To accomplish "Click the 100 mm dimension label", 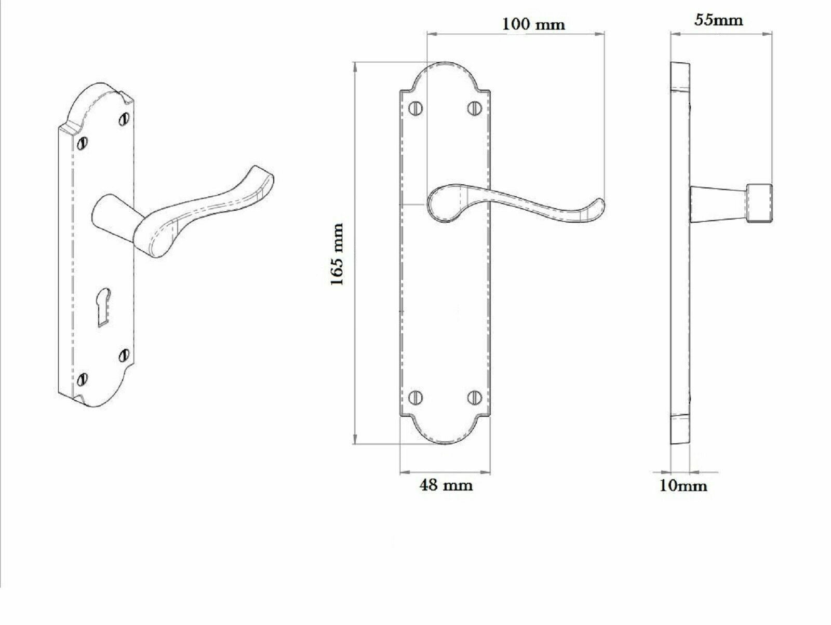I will click(x=533, y=24).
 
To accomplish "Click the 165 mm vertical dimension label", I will click(x=337, y=254).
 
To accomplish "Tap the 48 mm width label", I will click(x=446, y=485).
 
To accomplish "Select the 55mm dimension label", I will click(x=719, y=20).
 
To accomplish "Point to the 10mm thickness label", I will click(x=682, y=486).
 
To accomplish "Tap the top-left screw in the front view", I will click(x=416, y=108).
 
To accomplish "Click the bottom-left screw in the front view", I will click(x=416, y=398).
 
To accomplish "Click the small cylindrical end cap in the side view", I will click(x=759, y=203).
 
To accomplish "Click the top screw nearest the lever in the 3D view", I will click(x=123, y=119).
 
